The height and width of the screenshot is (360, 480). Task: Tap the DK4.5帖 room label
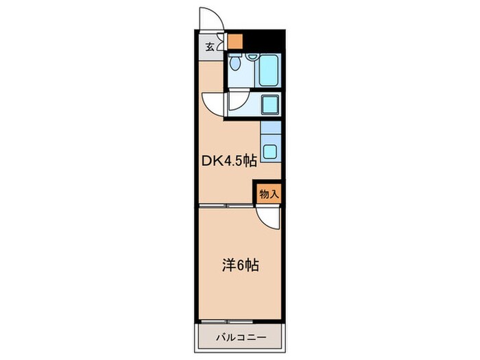228,162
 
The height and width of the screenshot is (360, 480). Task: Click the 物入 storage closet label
269,194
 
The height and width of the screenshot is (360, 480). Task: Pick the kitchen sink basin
272,152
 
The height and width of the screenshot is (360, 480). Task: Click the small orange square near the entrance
235,40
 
